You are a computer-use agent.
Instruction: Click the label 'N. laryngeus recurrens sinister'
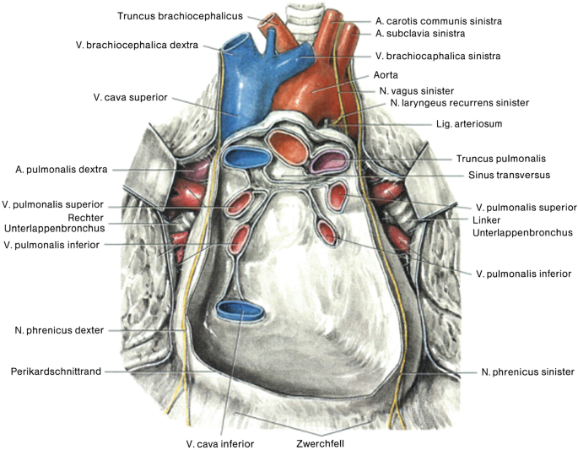(459, 102)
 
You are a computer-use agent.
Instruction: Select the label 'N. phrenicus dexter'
(57, 330)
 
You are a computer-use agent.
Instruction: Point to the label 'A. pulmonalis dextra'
(61, 169)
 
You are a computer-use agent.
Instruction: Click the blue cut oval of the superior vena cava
(246, 157)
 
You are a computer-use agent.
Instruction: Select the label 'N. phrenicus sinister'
(527, 371)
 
